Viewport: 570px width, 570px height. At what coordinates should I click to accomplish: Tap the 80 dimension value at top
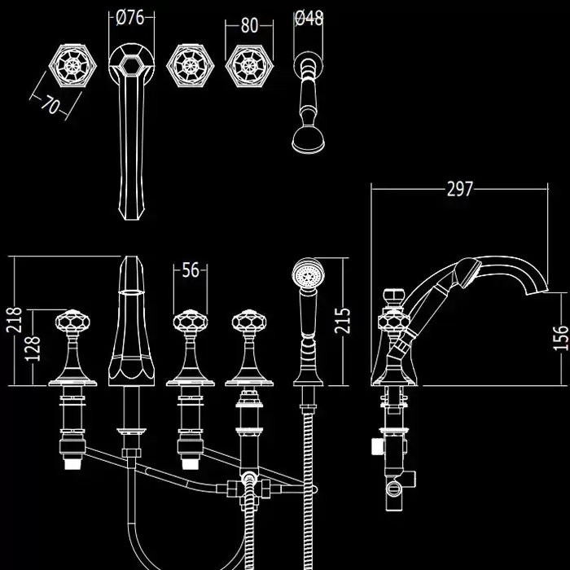(250, 24)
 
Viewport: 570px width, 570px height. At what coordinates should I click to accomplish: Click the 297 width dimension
(460, 189)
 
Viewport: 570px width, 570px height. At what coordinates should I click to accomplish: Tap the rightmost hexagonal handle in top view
(248, 65)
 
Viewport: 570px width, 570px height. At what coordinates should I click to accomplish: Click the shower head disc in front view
(308, 272)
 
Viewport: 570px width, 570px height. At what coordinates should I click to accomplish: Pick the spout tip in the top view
(132, 213)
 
